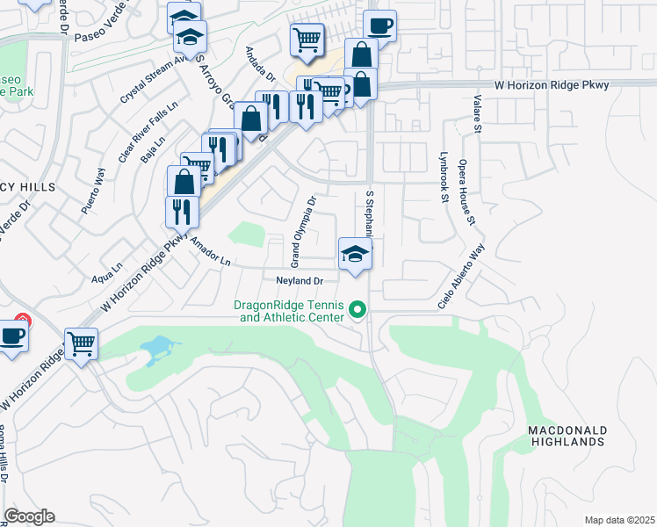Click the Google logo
pos(29,516)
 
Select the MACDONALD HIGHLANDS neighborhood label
pos(567,436)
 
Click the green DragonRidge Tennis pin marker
pos(357,310)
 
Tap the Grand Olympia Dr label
pos(303,233)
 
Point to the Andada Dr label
pos(261,64)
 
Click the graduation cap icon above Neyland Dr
pos(354,256)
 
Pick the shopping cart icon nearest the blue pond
pos(81,343)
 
